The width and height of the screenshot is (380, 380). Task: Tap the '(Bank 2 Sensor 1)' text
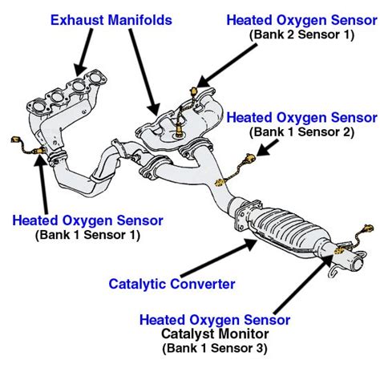(303, 34)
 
